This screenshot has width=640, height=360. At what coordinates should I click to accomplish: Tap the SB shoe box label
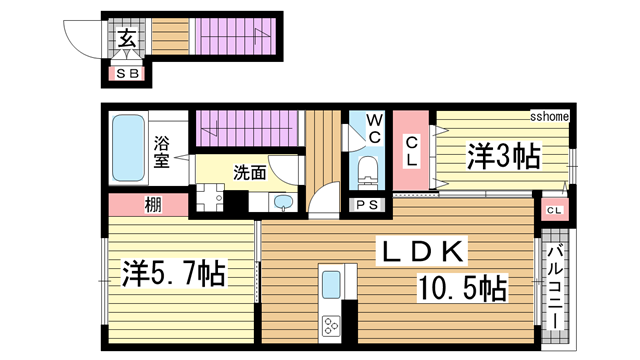tap(127, 74)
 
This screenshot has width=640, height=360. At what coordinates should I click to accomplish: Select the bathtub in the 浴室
tap(129, 148)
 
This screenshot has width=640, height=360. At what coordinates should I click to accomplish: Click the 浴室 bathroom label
tap(162, 152)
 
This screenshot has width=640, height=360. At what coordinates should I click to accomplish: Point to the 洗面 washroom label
tap(250, 173)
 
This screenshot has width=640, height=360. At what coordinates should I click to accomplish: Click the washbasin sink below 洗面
tap(283, 202)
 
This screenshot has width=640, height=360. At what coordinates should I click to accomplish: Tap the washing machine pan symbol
tap(210, 198)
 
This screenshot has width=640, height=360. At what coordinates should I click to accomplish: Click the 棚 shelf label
tap(153, 205)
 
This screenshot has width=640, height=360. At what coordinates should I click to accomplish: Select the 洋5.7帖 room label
tap(174, 273)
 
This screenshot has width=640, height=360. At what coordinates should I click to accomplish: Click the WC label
tap(375, 129)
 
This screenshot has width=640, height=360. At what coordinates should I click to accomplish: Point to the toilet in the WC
tap(368, 172)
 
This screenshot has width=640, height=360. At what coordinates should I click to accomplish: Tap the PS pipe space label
tap(367, 204)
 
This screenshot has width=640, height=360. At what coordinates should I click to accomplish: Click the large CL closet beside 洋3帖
tap(411, 150)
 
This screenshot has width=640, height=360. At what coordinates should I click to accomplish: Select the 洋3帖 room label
tap(504, 156)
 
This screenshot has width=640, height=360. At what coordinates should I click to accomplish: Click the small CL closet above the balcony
tap(555, 210)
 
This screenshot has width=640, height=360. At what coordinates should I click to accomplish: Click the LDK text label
tap(421, 251)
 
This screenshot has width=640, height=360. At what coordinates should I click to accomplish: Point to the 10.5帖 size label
tap(462, 288)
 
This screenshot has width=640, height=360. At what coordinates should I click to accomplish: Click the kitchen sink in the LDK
tap(331, 285)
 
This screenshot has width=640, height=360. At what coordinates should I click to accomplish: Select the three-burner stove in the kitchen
tap(331, 325)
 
